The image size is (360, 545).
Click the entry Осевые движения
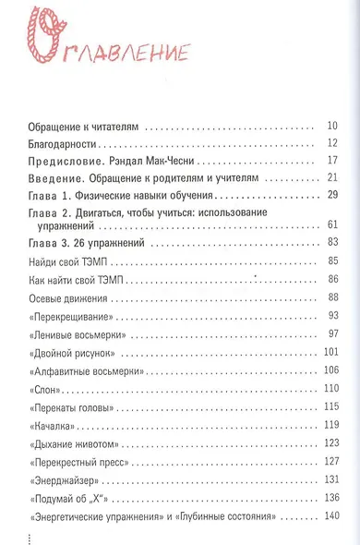coord(70,297)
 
